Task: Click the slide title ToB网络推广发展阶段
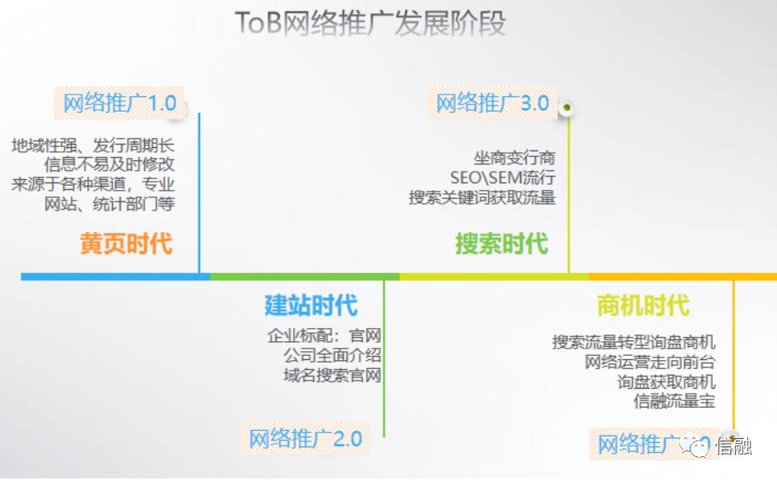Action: tap(370, 23)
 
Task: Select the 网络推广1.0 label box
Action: tap(119, 103)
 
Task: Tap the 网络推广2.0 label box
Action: tap(305, 438)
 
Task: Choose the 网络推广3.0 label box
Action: tap(492, 103)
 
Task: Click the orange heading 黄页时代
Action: tap(126, 243)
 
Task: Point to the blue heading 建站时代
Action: tap(310, 305)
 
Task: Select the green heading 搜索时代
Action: tap(501, 243)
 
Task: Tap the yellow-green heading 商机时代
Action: tap(643, 305)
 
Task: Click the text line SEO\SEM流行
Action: tap(502, 178)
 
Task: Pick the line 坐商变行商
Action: tap(514, 158)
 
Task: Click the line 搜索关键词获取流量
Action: tap(482, 197)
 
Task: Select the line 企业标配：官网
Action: tap(324, 335)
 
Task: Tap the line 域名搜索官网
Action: tap(333, 375)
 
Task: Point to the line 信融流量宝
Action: tap(674, 401)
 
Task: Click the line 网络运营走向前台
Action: tap(650, 362)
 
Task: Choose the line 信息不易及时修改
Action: tap(109, 164)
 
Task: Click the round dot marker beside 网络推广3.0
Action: tap(567, 107)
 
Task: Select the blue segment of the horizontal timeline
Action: tap(115, 277)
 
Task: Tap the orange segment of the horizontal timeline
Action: tap(682, 277)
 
